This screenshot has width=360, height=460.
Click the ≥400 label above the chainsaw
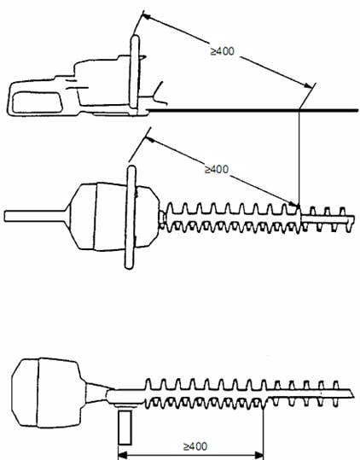(x=223, y=51)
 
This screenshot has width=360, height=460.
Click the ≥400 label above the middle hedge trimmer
(x=217, y=169)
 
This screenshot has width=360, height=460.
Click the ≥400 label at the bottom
(x=195, y=446)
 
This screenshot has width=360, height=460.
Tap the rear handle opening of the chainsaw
(x=38, y=102)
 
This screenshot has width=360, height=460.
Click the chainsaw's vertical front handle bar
(x=135, y=72)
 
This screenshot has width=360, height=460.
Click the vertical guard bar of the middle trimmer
(x=131, y=217)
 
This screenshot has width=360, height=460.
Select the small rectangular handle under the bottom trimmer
(x=125, y=427)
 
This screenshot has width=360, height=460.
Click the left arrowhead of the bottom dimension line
(x=122, y=456)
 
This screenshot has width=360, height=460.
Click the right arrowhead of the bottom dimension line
(x=259, y=456)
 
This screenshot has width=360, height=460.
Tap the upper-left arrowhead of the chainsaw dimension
(x=146, y=17)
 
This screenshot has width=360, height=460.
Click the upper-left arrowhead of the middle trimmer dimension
(x=150, y=139)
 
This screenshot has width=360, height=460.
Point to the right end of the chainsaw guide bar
(x=357, y=110)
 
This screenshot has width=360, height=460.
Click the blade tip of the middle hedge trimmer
(x=353, y=218)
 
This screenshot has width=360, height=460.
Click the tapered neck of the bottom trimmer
(x=96, y=393)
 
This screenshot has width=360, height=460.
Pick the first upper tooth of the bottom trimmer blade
(x=148, y=384)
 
